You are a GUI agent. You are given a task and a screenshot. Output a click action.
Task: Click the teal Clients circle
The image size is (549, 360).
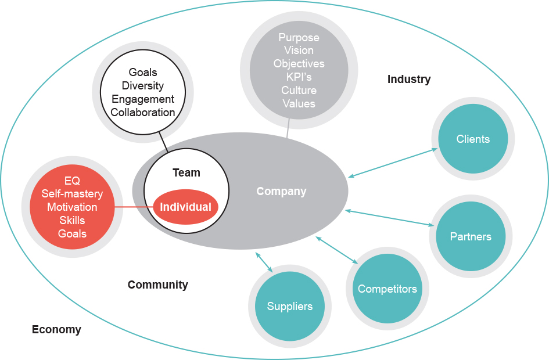473,139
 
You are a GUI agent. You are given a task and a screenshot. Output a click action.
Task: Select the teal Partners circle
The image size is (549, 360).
471,236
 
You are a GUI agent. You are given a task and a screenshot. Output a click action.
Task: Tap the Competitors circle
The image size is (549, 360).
387,289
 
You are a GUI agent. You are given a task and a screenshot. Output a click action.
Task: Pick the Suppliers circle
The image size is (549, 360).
289,307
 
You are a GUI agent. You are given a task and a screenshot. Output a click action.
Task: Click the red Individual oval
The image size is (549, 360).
186,207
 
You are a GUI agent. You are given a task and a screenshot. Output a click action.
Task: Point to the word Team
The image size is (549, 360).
186,172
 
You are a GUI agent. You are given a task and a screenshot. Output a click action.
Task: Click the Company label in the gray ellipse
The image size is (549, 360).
281,191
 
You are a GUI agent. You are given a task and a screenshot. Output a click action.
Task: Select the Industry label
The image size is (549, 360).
409,80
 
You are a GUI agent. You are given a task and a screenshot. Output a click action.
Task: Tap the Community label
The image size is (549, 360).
157,285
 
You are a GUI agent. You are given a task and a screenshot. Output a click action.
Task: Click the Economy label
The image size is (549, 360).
56,330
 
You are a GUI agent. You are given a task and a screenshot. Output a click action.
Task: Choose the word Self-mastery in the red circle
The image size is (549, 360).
72,194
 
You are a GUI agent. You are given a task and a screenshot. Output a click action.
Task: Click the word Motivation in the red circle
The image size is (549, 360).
72,207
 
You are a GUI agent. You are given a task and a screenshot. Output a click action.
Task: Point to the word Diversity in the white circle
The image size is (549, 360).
143,86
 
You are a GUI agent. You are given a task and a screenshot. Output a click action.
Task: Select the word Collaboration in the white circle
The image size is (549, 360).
143,113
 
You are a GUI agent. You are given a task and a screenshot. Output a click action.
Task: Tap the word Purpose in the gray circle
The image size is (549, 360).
299,38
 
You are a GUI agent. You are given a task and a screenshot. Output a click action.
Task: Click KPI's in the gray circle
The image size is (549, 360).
299,77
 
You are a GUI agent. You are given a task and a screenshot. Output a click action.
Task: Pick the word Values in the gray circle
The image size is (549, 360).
299,104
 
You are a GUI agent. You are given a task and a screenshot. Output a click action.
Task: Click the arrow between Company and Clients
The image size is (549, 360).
393,163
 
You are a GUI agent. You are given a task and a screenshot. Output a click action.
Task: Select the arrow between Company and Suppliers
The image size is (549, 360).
264,261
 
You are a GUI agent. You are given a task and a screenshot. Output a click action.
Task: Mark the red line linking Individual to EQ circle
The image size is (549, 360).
134,207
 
